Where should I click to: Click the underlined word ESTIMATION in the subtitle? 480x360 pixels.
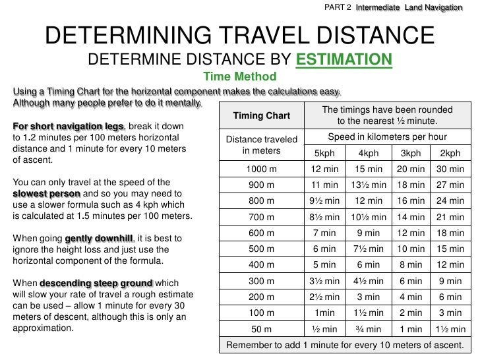pos(344,61)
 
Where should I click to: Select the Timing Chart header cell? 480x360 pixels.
pos(262,116)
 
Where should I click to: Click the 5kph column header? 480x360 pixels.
pos(324,154)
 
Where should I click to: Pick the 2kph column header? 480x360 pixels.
pos(450,154)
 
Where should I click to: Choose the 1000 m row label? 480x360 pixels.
pos(262,169)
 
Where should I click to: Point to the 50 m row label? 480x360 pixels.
pos(262,329)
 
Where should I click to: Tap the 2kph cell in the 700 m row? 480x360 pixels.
pos(450,217)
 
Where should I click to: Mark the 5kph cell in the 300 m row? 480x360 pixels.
pos(324,281)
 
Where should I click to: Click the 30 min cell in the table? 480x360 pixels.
pos(450,169)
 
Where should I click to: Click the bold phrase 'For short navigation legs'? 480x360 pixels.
pos(67,127)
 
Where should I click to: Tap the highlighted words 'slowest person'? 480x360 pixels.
pos(47,193)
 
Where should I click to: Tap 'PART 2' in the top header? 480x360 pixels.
pos(338,7)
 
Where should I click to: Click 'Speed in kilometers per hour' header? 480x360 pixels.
pos(387,137)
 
